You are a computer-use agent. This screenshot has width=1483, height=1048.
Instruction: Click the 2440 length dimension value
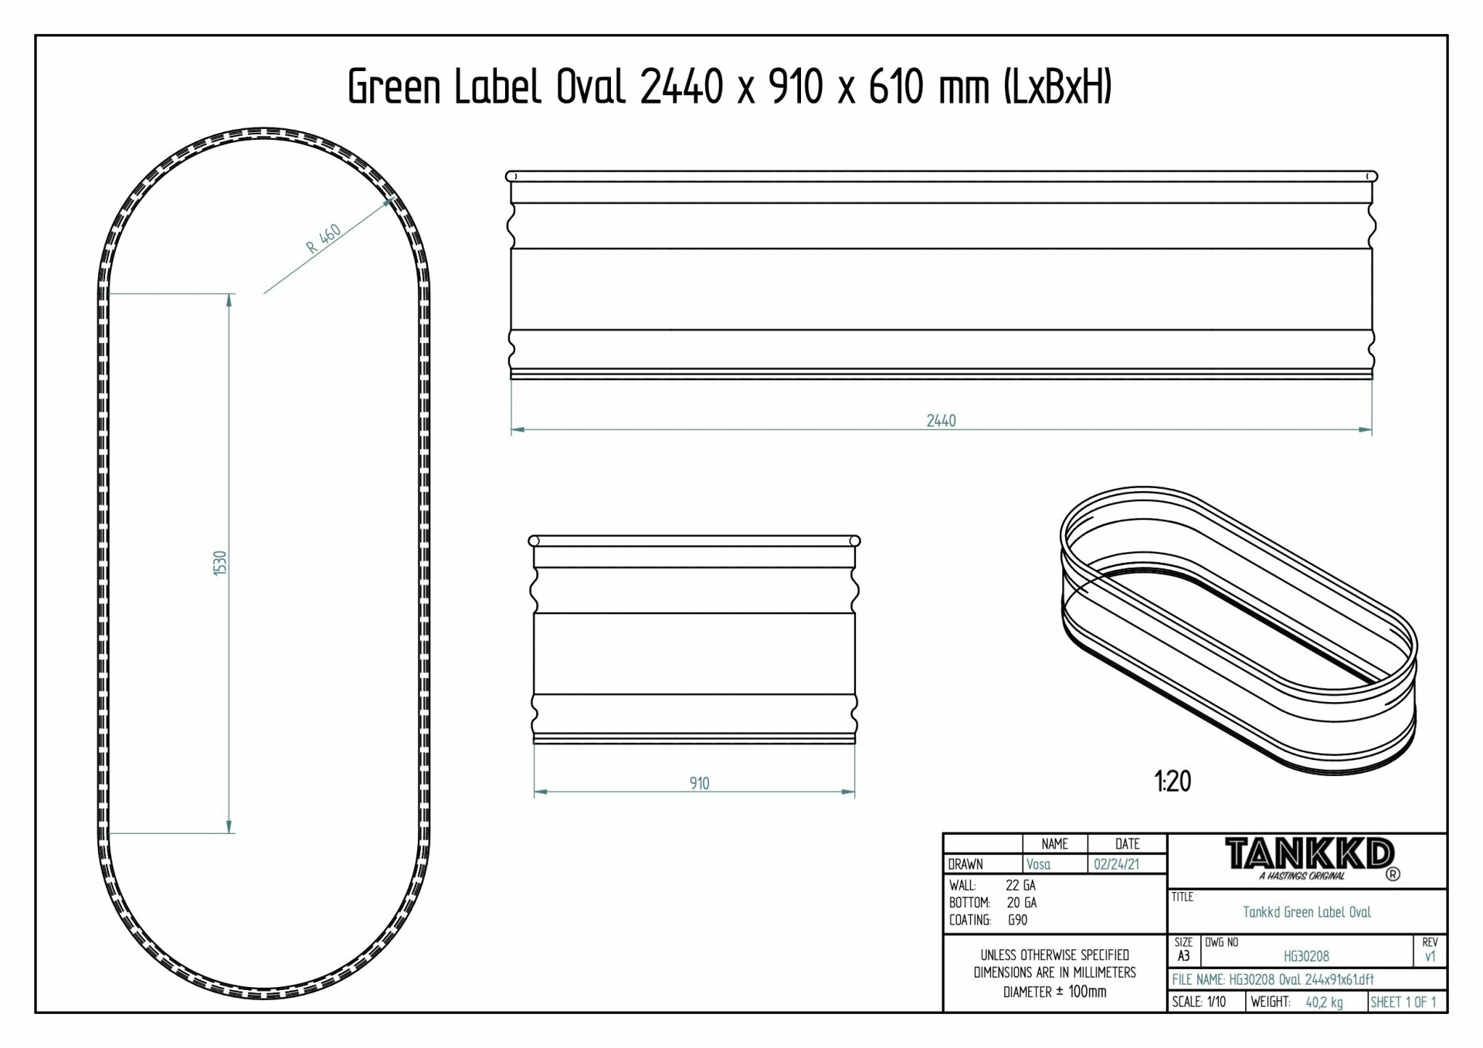click(941, 421)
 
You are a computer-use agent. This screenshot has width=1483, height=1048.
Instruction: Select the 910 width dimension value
click(699, 783)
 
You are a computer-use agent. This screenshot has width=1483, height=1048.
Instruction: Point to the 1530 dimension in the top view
click(220, 563)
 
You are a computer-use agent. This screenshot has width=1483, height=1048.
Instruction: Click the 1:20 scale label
click(1173, 782)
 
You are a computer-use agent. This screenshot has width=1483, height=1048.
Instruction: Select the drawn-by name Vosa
click(1038, 864)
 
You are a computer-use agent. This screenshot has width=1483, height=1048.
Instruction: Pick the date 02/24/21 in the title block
click(1116, 864)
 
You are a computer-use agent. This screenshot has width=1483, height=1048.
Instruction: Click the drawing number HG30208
click(1306, 956)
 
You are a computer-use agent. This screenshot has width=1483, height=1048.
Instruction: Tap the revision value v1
click(1430, 956)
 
